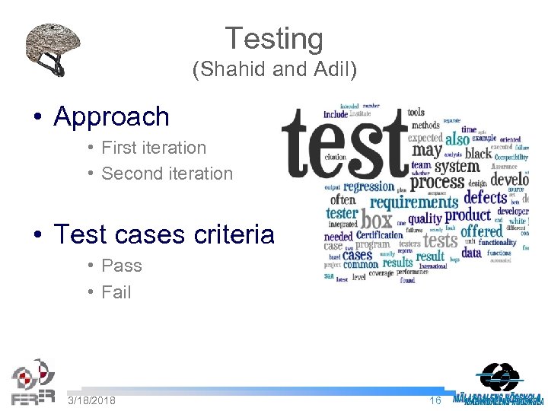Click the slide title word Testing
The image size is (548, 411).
click(274, 39)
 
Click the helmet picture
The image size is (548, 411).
click(53, 48)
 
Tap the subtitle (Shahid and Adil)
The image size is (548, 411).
click(274, 71)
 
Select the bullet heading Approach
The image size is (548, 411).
click(111, 116)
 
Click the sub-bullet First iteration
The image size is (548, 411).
click(154, 148)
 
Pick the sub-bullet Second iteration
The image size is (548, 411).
click(167, 174)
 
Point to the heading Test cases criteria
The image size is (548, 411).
click(164, 234)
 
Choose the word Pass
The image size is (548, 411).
click(122, 266)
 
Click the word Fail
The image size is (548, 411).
click(116, 292)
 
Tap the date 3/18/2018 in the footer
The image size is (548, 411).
click(91, 400)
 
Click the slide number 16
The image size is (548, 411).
click(435, 400)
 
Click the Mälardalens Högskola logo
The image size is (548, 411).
click(498, 384)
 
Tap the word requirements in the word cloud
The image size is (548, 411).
click(414, 202)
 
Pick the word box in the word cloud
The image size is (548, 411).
click(376, 220)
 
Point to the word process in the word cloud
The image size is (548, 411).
click(437, 182)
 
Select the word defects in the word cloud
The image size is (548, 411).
click(485, 198)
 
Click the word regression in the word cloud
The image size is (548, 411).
click(368, 186)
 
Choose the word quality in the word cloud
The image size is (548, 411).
click(425, 218)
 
